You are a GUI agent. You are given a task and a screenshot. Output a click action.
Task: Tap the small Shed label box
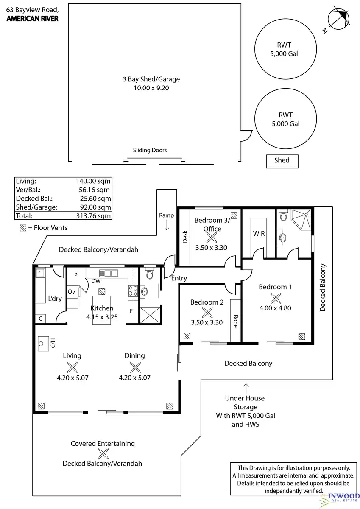282,161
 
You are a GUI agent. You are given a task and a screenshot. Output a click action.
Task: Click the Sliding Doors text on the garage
150,150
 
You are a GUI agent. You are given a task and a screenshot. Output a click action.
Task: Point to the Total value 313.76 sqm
93,215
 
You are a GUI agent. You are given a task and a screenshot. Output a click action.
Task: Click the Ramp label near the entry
166,215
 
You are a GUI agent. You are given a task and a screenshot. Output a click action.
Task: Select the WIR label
259,233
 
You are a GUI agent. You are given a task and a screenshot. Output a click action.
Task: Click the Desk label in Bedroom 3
185,237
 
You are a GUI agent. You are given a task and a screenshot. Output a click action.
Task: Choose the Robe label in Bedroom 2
235,321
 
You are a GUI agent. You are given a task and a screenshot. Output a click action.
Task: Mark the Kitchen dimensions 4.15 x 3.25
102,316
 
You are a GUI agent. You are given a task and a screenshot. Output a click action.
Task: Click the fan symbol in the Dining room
135,367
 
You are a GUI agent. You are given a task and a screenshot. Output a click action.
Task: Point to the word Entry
179,278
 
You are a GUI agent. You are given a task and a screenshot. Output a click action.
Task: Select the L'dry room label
55,299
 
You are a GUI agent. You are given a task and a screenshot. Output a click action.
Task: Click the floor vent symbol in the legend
22,228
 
